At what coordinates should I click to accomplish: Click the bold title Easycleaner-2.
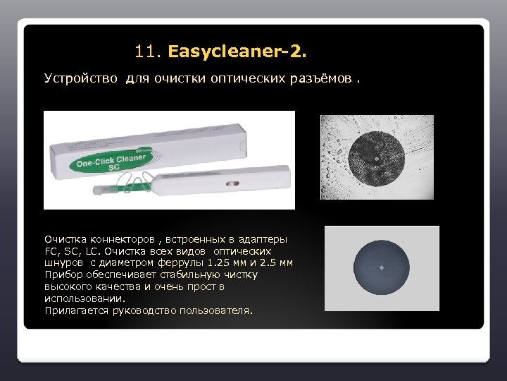(238, 52)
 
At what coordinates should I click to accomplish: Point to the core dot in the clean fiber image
(382, 267)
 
